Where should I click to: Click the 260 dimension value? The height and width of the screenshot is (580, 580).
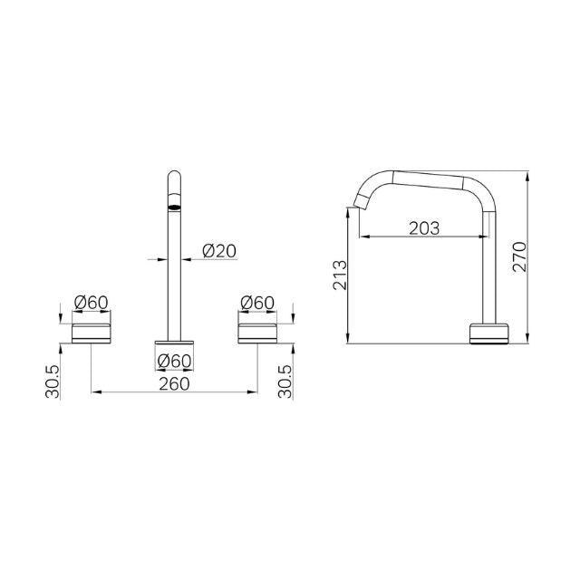(174, 383)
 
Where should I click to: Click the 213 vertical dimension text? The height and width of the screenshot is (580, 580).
(338, 274)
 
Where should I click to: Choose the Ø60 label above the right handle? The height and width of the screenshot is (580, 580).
(258, 302)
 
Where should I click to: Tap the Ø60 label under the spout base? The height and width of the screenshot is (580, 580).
(174, 361)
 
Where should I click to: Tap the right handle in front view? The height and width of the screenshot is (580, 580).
(257, 332)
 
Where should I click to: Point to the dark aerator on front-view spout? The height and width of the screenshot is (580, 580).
(174, 207)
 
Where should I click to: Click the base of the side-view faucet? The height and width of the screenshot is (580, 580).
(490, 333)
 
